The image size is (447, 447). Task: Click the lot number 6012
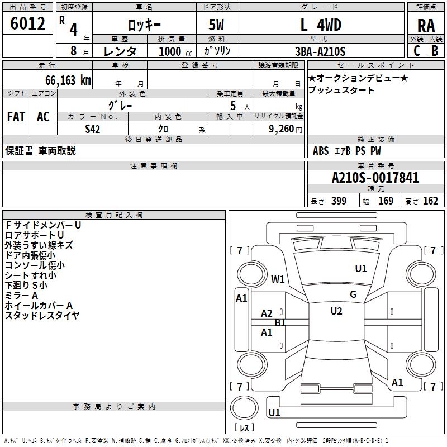tap(28, 23)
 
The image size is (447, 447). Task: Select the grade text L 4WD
tap(321, 25)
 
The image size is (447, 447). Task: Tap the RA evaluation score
tap(426, 25)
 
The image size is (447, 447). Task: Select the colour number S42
tap(93, 129)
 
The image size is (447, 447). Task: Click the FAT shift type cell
tap(16, 117)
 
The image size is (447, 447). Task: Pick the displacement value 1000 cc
tap(174, 51)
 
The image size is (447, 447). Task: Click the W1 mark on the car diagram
tap(278, 279)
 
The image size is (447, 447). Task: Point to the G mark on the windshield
tap(353, 294)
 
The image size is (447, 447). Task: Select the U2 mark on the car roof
tap(336, 311)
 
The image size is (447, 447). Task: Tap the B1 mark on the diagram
tap(280, 323)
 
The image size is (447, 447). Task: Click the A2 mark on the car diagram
tap(267, 313)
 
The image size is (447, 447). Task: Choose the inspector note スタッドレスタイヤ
tap(42, 316)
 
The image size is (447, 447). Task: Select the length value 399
tap(339, 201)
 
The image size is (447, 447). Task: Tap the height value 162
tap(430, 201)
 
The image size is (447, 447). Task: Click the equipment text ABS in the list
tap(321, 151)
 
